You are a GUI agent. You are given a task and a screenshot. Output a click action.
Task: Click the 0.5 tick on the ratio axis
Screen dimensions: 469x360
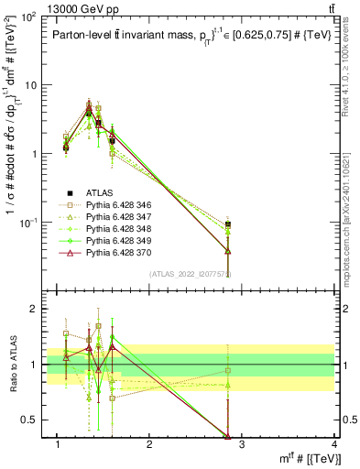click(30, 420)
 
